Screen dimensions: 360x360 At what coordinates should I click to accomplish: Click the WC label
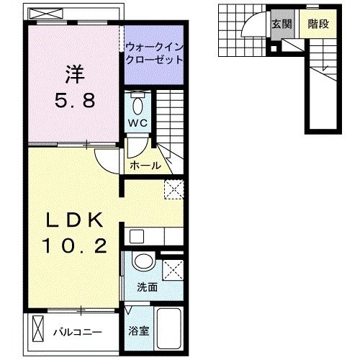pyautogui.click(x=138, y=123)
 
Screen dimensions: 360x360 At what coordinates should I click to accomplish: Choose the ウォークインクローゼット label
pyautogui.click(x=153, y=55)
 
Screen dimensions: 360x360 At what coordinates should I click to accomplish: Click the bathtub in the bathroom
pyautogui.click(x=168, y=330)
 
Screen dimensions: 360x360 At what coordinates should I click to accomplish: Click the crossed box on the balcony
pyautogui.click(x=38, y=332)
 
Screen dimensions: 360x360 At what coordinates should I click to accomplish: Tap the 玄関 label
pyautogui.click(x=281, y=24)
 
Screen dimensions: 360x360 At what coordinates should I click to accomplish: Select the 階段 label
pyautogui.click(x=318, y=24)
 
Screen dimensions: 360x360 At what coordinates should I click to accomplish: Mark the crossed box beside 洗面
pyautogui.click(x=173, y=270)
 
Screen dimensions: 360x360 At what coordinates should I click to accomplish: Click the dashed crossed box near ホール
pyautogui.click(x=174, y=189)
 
